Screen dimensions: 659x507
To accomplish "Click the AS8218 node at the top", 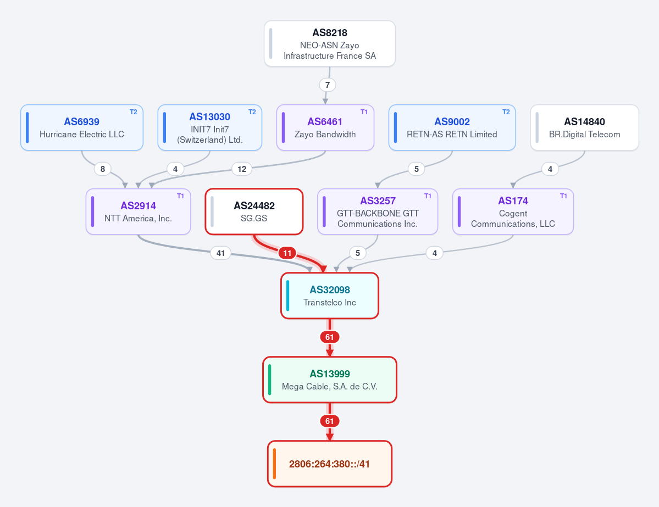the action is [x=330, y=44].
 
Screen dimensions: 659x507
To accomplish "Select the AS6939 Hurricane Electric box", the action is [x=82, y=127].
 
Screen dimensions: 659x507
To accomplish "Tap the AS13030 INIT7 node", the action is [x=210, y=127].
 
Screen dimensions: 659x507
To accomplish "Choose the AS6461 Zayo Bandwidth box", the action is [x=325, y=127].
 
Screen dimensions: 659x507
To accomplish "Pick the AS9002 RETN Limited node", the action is [x=452, y=127].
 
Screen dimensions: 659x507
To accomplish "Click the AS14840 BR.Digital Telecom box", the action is [x=585, y=127].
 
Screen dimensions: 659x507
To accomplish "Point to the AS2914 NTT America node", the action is [x=139, y=211].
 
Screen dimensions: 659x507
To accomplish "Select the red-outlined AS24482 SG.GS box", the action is [x=254, y=211].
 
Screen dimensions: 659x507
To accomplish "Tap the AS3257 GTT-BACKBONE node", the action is [x=378, y=211].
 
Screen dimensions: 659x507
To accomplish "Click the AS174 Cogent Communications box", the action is [x=513, y=211].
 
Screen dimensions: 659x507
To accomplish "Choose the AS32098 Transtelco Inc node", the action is [x=330, y=296].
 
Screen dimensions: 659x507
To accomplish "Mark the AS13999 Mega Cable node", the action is [x=330, y=380].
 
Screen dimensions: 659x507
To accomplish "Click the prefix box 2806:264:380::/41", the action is [x=330, y=464].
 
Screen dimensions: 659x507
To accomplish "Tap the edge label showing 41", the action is [x=220, y=253].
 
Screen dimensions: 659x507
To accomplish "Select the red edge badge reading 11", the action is [x=287, y=253].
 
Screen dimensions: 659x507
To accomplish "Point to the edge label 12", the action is [x=242, y=169].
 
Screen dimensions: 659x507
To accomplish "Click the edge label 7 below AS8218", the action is [x=328, y=85].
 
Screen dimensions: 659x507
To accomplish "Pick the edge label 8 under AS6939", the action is [x=103, y=169].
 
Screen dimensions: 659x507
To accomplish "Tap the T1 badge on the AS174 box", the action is [x=563, y=196].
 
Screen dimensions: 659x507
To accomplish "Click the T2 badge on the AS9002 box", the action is [x=506, y=112].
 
